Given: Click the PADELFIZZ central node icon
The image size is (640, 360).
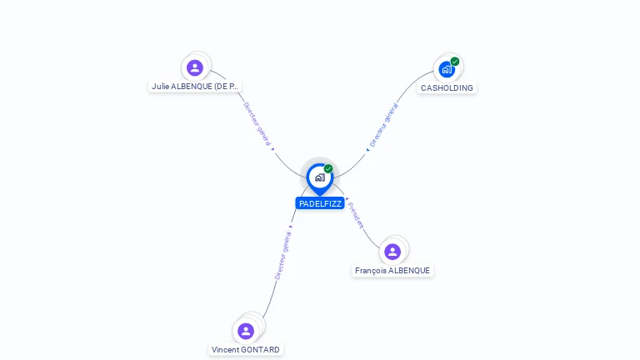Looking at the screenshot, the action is [319, 177].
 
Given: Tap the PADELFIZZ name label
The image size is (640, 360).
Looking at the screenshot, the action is [320, 203].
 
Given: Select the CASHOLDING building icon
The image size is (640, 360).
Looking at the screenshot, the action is [447, 69].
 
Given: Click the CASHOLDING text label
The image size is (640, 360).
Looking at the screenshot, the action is [447, 87].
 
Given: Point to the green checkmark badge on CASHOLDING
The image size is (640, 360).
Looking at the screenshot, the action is [455, 61].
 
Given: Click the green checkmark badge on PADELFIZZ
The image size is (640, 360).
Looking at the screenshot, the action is [328, 168].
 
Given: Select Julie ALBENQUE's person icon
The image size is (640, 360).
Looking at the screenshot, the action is [194, 67].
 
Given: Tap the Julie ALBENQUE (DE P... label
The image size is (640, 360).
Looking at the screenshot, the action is [195, 86].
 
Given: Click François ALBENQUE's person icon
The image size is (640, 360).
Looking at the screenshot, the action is [392, 251].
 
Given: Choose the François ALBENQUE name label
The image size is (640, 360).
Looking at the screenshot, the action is [392, 270].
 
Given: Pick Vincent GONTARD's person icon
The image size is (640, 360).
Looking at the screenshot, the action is [246, 331].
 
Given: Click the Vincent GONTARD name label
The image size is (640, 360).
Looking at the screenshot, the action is [246, 349].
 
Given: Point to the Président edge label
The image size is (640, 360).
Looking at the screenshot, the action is [356, 214].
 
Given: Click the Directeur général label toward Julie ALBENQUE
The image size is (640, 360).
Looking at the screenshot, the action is [257, 124].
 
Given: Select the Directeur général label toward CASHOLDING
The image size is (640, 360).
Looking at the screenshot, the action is [383, 125].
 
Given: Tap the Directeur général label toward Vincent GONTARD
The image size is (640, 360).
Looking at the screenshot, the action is [283, 252].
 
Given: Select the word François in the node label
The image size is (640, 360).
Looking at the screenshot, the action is [371, 270].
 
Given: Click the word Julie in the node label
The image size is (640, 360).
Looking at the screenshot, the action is [161, 86].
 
